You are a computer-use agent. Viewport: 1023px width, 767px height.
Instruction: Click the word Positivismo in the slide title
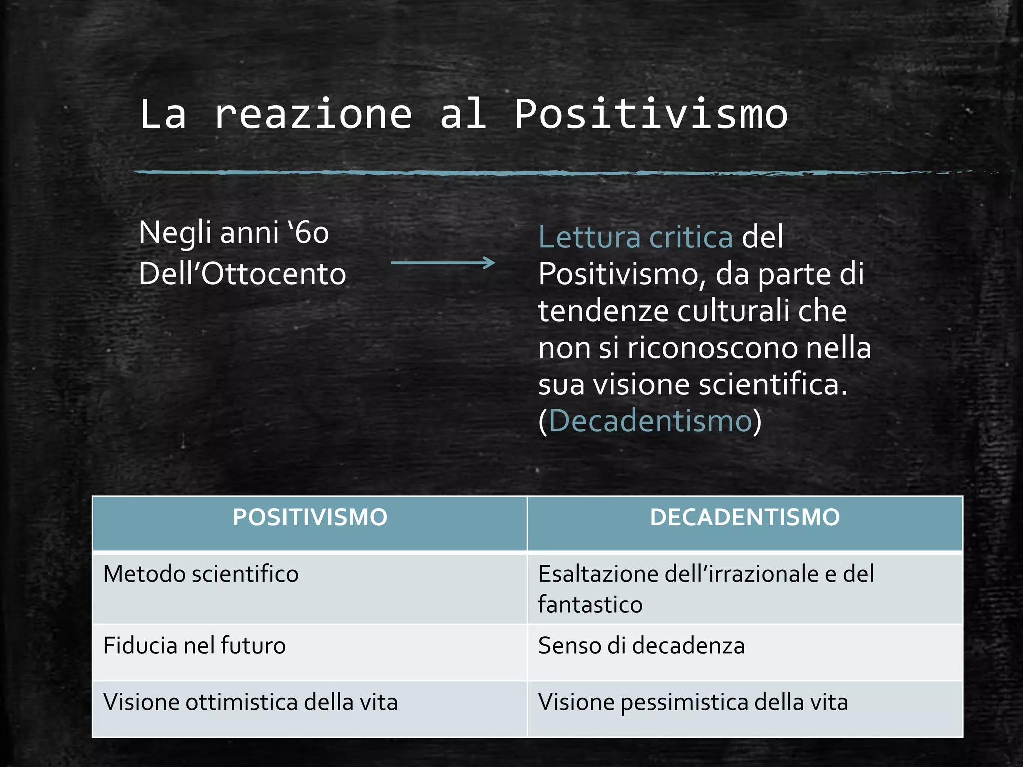(x=651, y=115)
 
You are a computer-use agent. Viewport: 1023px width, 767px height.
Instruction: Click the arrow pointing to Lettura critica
(x=443, y=263)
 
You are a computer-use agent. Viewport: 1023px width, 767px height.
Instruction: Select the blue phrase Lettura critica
(x=635, y=237)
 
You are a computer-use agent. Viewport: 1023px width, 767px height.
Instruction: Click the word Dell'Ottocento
(x=242, y=274)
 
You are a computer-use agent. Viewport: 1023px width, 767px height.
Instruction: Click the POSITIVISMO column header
(x=310, y=518)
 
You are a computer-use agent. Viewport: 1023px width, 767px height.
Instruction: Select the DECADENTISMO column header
(x=745, y=518)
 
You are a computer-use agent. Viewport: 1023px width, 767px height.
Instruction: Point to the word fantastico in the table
(x=590, y=605)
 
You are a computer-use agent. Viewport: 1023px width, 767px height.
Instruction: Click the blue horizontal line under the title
(x=500, y=173)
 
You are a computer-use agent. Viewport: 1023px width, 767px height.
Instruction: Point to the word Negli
(x=175, y=233)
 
